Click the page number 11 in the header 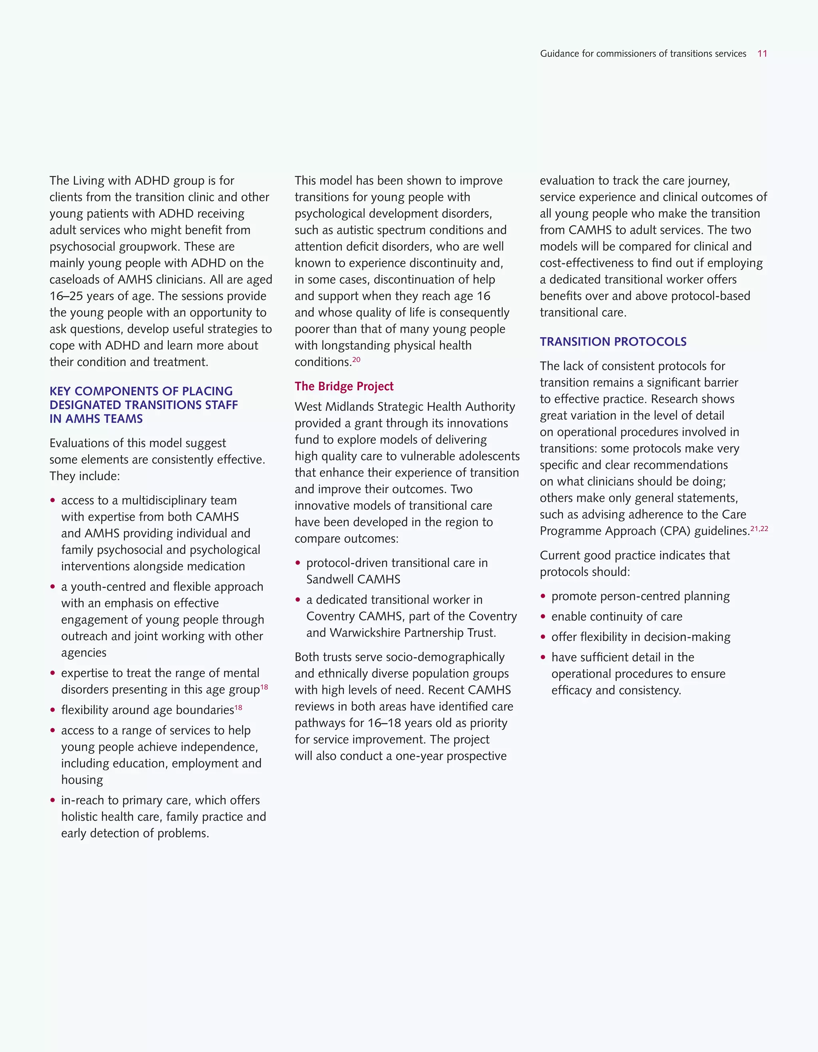[x=762, y=54]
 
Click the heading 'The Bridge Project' [x=344, y=386]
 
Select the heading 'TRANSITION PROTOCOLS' [x=613, y=342]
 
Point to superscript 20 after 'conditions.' [x=356, y=359]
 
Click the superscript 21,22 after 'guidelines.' [x=759, y=529]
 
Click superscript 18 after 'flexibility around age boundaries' [x=238, y=708]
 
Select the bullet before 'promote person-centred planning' [x=543, y=597]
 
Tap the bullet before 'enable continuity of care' [x=543, y=616]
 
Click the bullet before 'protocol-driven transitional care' [x=298, y=563]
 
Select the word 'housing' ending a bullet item [x=82, y=780]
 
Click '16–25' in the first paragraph [x=66, y=296]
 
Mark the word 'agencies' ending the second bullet [x=84, y=653]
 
